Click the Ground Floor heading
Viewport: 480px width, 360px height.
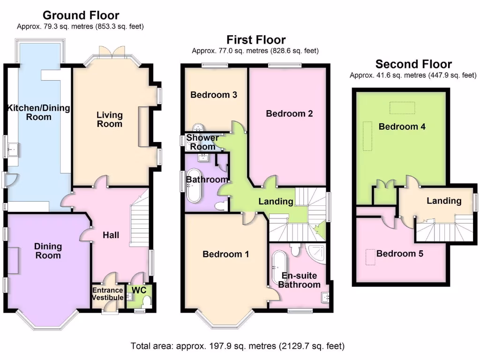click(x=81, y=16)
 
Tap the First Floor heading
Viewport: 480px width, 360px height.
click(x=256, y=40)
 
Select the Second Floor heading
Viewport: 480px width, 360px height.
click(x=413, y=64)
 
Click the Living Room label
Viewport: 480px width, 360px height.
click(x=110, y=119)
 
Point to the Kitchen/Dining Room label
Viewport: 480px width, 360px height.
click(x=38, y=112)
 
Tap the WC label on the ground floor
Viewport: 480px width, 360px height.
click(x=139, y=290)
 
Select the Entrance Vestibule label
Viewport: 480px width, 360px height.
click(x=107, y=294)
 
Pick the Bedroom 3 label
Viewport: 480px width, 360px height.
click(x=214, y=95)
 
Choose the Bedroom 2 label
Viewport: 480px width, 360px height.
click(x=289, y=113)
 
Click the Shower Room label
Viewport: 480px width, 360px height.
click(x=202, y=142)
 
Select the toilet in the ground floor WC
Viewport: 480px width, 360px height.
click(x=146, y=301)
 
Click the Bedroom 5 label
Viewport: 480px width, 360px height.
click(x=400, y=254)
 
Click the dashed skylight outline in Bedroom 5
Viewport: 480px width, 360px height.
click(x=371, y=256)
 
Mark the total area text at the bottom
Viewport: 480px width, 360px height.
click(x=238, y=346)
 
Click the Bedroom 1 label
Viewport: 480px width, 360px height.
click(x=225, y=254)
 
